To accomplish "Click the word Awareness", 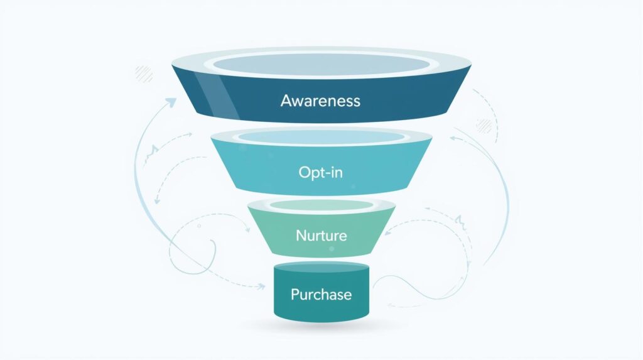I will (x=320, y=101).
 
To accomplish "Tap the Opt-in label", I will (x=320, y=172).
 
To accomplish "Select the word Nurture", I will (x=321, y=236).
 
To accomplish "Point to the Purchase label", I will (x=321, y=294).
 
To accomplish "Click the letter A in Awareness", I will (x=286, y=101).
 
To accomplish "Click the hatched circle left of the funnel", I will (x=144, y=74).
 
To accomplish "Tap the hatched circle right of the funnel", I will (x=484, y=124).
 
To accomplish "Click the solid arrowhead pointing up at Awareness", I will (x=170, y=101).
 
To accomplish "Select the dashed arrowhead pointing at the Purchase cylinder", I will (x=261, y=286).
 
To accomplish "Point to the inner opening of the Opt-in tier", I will (x=321, y=137).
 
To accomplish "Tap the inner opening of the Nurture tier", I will (x=321, y=205).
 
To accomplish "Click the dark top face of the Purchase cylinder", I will (x=321, y=268).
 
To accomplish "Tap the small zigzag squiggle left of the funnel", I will (x=153, y=151).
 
